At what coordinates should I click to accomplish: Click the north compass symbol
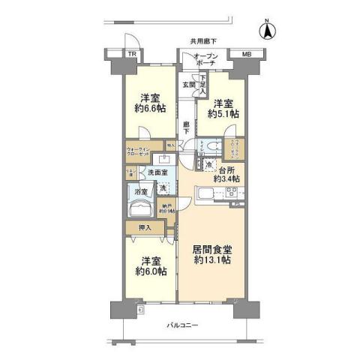tap(266, 31)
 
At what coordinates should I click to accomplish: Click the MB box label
tap(246, 55)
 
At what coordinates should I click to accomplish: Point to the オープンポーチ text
tap(206, 60)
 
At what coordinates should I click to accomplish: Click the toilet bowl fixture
tap(212, 145)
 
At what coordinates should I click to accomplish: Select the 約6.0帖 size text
tap(149, 271)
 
